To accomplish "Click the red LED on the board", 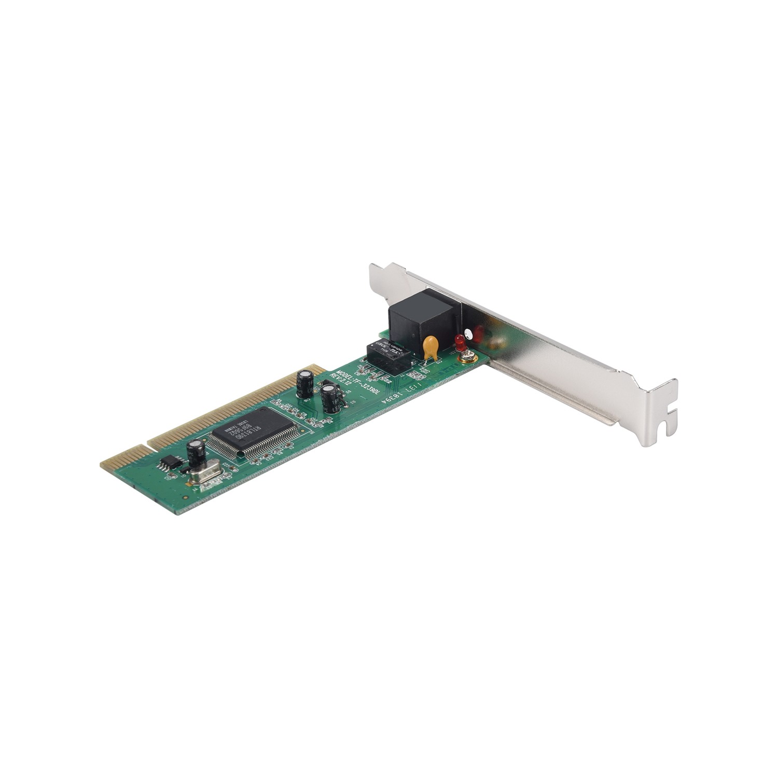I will point(459,341).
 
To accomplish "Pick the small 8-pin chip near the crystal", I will point(169,463).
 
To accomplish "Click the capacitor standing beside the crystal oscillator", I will point(196,454).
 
